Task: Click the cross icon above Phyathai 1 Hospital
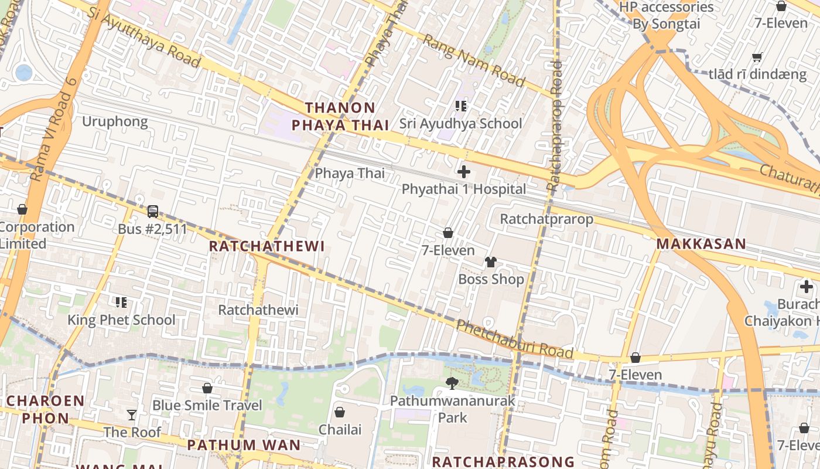pos(463,172)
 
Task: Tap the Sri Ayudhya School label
pos(460,124)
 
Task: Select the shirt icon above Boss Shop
pos(490,261)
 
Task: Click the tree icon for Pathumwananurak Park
pos(452,383)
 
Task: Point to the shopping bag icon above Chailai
pos(339,412)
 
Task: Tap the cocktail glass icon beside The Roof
pos(132,415)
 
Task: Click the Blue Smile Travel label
pos(207,405)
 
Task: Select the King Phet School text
pos(121,320)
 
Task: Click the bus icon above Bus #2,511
pos(152,211)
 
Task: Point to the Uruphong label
pos(115,121)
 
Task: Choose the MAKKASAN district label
pos(701,244)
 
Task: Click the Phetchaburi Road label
pos(514,339)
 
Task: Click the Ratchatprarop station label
pos(546,219)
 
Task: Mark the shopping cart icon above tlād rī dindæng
pos(757,57)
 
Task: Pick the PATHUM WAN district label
pos(244,445)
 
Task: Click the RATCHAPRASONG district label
pos(503,461)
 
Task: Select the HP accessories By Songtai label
pos(666,16)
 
